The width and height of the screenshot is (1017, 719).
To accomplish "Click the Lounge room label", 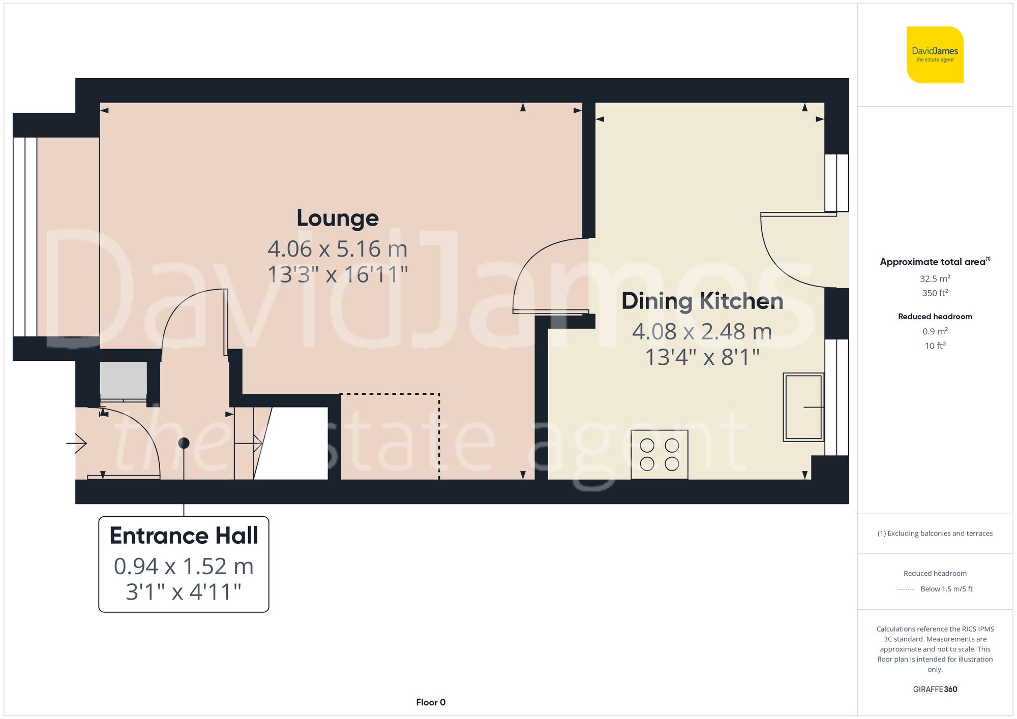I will [x=338, y=218].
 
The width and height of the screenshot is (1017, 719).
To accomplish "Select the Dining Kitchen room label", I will [x=702, y=301].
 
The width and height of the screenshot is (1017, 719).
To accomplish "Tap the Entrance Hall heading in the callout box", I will [x=184, y=536].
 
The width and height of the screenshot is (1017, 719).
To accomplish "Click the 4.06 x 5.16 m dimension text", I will [x=338, y=249].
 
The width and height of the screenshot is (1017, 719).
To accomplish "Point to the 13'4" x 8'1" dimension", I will [x=702, y=357].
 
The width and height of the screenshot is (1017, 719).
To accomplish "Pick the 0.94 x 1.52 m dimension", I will [x=184, y=567].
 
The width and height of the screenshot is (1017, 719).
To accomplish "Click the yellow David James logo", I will [x=935, y=55].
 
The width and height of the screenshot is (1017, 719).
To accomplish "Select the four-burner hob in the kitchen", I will [x=659, y=454].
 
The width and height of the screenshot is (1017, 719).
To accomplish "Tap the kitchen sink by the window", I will [x=803, y=407].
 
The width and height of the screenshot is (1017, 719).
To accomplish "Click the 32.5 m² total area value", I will [x=935, y=278].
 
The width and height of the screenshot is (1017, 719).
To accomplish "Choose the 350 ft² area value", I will [x=935, y=293].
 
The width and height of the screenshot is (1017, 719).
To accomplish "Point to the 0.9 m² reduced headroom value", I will [x=935, y=331].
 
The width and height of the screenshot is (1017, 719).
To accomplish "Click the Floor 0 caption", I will [x=430, y=702].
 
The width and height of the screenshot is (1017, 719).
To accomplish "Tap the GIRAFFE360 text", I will [x=935, y=689].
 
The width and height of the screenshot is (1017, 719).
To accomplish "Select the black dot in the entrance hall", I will [x=184, y=443].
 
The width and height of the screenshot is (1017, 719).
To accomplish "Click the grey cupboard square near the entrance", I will [x=123, y=380].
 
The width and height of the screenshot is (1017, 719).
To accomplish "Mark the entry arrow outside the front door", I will [x=77, y=443].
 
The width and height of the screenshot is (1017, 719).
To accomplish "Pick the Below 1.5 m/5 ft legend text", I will [x=946, y=589].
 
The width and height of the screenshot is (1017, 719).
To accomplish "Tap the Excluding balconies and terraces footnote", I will [x=935, y=534].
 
